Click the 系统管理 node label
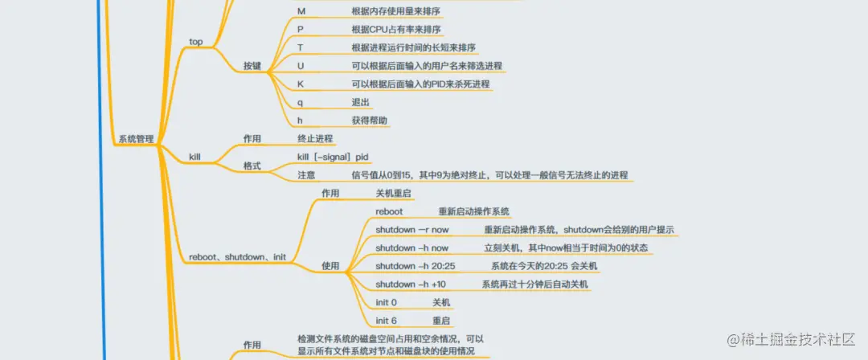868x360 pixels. (x=136, y=139)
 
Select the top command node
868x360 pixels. (x=195, y=41)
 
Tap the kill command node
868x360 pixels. (x=194, y=156)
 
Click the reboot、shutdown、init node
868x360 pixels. (x=237, y=257)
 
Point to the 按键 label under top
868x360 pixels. (x=252, y=66)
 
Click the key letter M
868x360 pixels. (x=301, y=11)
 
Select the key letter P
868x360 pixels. (x=301, y=30)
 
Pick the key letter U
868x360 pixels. (x=301, y=66)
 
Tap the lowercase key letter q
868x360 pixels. (x=300, y=102)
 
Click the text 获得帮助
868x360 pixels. (x=370, y=121)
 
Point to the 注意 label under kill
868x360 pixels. (x=306, y=174)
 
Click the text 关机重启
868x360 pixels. (x=394, y=194)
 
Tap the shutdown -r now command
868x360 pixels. (x=411, y=230)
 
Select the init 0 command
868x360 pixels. (x=386, y=302)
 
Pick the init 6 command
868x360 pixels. (x=386, y=320)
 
